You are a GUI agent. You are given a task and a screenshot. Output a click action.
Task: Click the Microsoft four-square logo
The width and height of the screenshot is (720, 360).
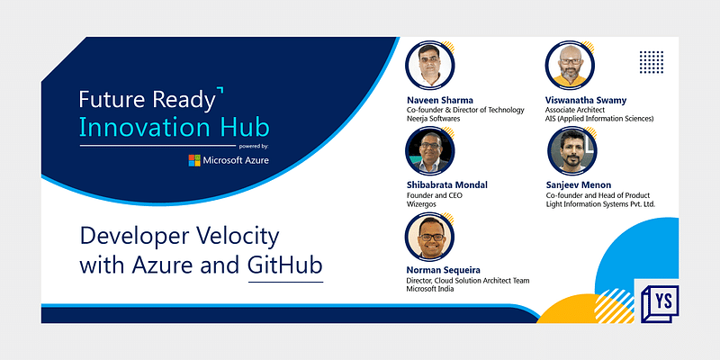194,160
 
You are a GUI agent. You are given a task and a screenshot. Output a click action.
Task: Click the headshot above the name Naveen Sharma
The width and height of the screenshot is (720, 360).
427,65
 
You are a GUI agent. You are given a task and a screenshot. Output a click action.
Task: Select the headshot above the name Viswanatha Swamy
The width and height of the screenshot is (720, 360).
567,65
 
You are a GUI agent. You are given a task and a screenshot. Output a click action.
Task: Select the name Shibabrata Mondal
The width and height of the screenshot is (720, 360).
447,184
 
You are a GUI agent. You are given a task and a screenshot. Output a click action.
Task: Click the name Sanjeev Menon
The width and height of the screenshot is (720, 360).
579,184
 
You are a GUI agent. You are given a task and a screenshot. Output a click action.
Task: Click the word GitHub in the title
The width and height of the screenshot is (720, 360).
285,265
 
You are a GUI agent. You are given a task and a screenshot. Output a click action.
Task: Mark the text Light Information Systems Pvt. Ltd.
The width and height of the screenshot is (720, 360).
600,204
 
